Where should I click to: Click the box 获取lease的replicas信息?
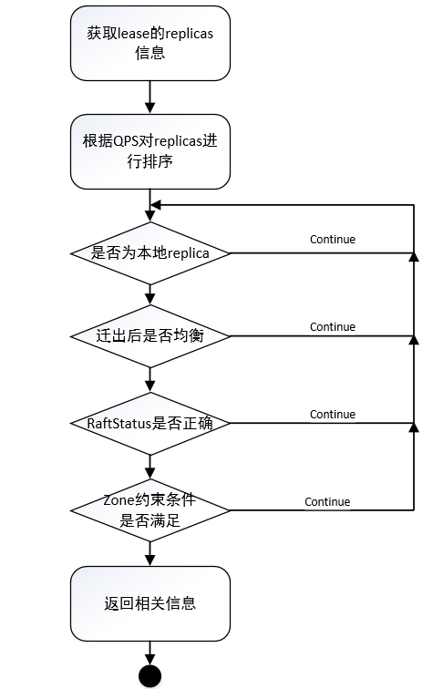click(149, 43)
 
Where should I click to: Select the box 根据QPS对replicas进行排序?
click(149, 149)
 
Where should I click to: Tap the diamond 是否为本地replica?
click(149, 253)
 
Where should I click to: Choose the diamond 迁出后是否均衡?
click(149, 336)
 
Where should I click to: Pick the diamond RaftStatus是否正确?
click(149, 424)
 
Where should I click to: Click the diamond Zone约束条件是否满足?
click(149, 510)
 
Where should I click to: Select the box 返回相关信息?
click(149, 603)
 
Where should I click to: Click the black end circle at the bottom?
click(149, 676)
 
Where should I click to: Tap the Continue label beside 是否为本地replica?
click(333, 240)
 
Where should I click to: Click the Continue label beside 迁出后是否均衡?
click(333, 326)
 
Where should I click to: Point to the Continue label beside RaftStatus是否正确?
click(333, 415)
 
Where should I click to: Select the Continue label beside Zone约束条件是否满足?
click(327, 501)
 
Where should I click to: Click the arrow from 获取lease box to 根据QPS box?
click(149, 97)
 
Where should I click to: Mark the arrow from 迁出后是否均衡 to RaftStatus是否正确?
click(149, 380)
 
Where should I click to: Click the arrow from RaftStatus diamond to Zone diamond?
click(149, 467)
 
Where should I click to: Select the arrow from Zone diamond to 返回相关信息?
click(149, 553)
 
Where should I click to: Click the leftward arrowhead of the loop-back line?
click(156, 205)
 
